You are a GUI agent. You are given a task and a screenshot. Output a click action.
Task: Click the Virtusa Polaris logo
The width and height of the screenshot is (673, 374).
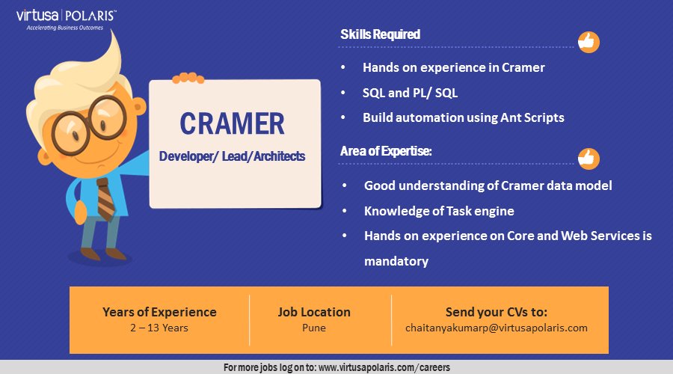[66, 19]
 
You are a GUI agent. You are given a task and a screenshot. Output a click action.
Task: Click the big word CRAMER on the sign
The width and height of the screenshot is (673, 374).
[233, 123]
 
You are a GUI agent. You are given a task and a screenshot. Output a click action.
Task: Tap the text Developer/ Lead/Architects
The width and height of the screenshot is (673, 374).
[232, 156]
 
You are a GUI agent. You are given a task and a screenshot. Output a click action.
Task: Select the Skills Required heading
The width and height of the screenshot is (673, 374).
[381, 34]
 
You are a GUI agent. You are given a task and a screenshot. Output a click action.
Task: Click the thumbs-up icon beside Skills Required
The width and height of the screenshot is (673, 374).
[589, 42]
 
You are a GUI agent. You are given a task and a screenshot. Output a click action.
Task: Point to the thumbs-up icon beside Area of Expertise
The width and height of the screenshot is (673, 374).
[589, 159]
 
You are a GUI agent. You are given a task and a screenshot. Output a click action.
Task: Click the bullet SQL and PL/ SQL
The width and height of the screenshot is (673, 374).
[410, 93]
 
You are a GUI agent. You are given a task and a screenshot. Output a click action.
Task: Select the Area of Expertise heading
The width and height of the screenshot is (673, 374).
[386, 151]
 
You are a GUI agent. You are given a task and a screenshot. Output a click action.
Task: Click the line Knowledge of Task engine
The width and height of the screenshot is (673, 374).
[439, 211]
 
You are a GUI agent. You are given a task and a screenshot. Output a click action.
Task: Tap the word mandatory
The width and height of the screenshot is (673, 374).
[396, 261]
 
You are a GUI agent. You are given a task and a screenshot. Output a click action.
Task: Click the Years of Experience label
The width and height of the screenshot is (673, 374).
[159, 312]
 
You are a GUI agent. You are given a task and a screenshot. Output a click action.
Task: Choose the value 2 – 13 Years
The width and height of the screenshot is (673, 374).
[159, 328]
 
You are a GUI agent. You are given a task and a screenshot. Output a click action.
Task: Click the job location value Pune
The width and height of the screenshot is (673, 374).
[314, 328]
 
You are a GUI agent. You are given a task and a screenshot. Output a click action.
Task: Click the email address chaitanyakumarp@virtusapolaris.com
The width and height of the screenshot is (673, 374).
[497, 328]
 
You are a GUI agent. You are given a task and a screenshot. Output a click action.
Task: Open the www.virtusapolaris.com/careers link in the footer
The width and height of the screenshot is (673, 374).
[384, 367]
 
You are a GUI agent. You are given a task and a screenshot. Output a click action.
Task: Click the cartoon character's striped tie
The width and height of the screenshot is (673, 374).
[105, 198]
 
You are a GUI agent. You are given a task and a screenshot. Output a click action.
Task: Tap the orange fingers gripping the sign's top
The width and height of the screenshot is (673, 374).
[188, 78]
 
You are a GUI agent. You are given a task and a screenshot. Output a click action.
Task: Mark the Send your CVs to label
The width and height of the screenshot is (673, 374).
[497, 312]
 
